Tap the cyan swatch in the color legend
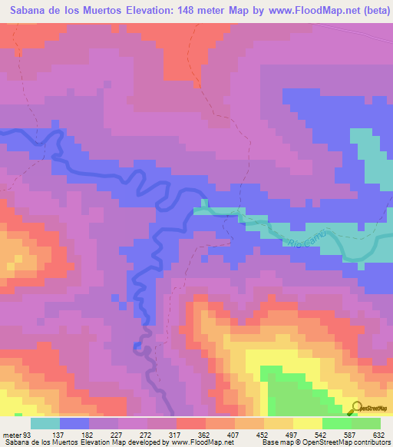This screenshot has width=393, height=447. click(x=45, y=424)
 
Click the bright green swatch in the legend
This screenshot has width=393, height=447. click(x=335, y=424)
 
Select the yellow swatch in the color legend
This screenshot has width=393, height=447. click(x=306, y=424)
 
